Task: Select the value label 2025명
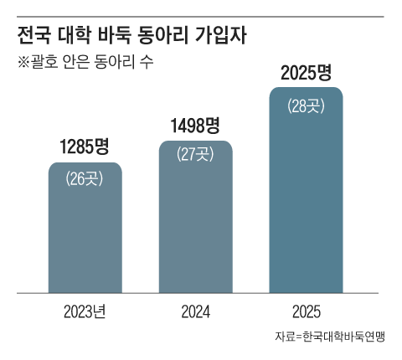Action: (x=306, y=73)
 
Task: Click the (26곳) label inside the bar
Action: (x=85, y=177)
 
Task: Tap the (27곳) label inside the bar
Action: (x=195, y=155)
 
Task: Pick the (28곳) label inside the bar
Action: (x=306, y=105)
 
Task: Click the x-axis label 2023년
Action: (x=85, y=313)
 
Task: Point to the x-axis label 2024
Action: (x=195, y=313)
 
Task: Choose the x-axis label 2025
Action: (x=306, y=313)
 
